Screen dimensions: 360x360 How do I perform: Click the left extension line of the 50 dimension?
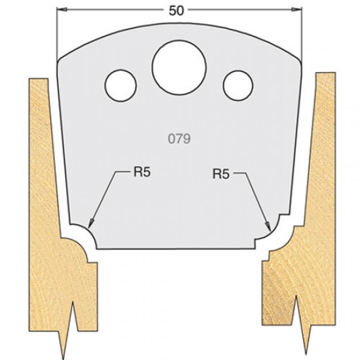56,33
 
